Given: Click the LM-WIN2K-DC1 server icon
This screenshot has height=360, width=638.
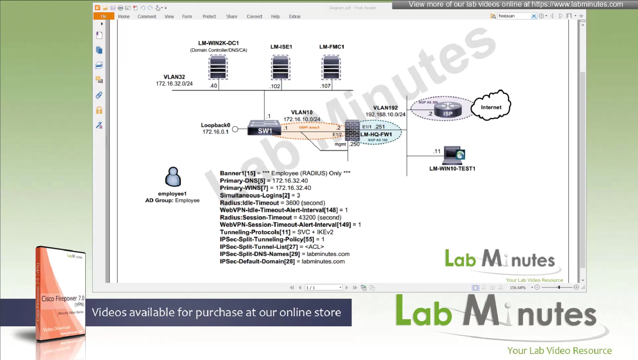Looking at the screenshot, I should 218,67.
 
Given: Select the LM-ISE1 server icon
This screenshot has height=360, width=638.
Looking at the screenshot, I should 280,67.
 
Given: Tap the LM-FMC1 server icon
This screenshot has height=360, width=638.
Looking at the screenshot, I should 331,67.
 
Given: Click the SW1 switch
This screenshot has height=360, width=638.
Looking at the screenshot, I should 264,128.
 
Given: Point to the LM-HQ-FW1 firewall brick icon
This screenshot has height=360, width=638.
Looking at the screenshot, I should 352,131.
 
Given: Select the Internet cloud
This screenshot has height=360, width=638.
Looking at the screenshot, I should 491,105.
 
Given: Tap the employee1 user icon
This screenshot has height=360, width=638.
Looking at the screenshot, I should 173,177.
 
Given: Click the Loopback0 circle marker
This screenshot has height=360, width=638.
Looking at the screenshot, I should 235,129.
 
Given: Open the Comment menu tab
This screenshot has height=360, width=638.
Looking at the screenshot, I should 147,17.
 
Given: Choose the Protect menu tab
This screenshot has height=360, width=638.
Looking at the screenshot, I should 209,17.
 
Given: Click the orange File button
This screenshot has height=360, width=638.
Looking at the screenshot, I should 104,17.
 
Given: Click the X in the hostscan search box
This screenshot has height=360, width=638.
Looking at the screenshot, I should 534,16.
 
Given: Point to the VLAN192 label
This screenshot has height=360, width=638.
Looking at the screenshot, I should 385,108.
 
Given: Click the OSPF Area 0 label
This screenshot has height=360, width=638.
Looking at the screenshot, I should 309,127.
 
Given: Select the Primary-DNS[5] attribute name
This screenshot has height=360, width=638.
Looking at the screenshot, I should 242,180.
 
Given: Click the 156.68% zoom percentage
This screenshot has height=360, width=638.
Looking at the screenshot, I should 518,288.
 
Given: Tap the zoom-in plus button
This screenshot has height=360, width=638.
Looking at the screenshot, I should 576,287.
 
